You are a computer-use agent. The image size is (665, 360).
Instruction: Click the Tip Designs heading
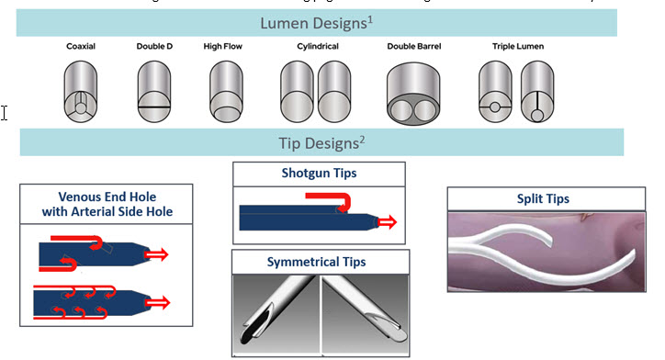322,141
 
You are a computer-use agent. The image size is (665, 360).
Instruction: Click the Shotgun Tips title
319,173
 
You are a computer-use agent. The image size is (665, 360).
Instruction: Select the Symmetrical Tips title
319,263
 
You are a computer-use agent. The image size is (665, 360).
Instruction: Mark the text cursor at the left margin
5,112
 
